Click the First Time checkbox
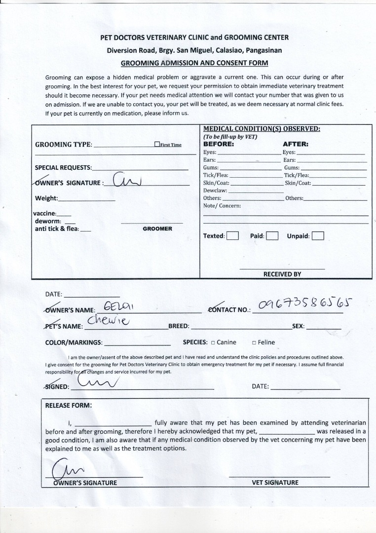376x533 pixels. [x=157, y=145]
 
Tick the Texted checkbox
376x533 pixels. [x=232, y=236]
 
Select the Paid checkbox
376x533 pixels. [x=272, y=236]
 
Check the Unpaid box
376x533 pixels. [x=318, y=236]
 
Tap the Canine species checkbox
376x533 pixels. [x=213, y=343]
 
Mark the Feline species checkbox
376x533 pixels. [x=254, y=343]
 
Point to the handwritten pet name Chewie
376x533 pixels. [x=108, y=322]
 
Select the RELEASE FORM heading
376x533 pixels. [x=69, y=405]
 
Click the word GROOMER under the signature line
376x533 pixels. [x=157, y=229]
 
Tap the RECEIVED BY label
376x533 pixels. [x=282, y=274]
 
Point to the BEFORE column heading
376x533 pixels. [x=219, y=144]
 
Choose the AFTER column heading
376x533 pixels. [x=296, y=144]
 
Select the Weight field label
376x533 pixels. [x=46, y=198]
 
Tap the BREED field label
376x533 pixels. [x=179, y=327]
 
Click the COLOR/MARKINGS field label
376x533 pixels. [x=74, y=343]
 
